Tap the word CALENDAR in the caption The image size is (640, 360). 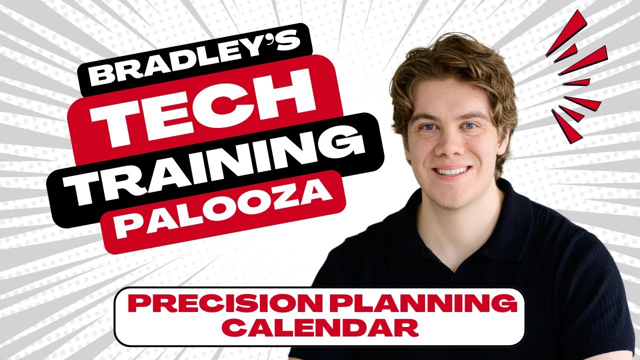click(320, 327)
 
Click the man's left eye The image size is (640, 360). click(469, 126)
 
